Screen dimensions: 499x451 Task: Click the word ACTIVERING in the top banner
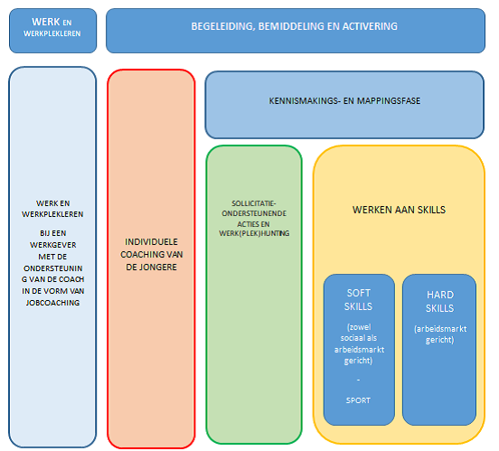click(x=370, y=26)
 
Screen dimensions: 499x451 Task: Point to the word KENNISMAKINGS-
click(x=305, y=101)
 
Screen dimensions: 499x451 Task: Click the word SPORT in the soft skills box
click(x=358, y=400)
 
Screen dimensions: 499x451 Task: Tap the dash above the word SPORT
click(x=358, y=380)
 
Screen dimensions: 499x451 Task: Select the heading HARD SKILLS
click(x=440, y=301)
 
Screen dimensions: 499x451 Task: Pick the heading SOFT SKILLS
click(x=358, y=300)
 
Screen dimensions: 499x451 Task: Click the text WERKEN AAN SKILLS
click(x=399, y=210)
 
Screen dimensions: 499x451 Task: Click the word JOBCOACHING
click(x=52, y=303)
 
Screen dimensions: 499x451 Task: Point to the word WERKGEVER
click(x=52, y=245)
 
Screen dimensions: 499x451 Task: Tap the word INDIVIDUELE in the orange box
click(x=151, y=242)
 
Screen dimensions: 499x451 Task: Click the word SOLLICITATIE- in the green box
click(x=254, y=203)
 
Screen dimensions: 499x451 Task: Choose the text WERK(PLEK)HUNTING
click(x=254, y=233)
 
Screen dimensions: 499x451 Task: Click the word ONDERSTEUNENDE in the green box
click(x=254, y=213)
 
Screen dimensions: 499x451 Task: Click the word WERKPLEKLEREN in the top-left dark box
click(x=52, y=33)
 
